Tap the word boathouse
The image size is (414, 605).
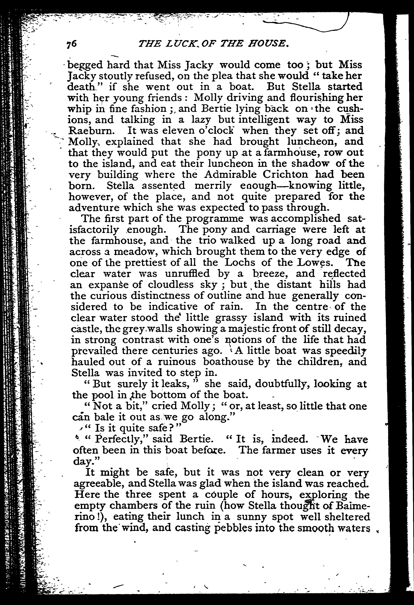click(229, 362)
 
